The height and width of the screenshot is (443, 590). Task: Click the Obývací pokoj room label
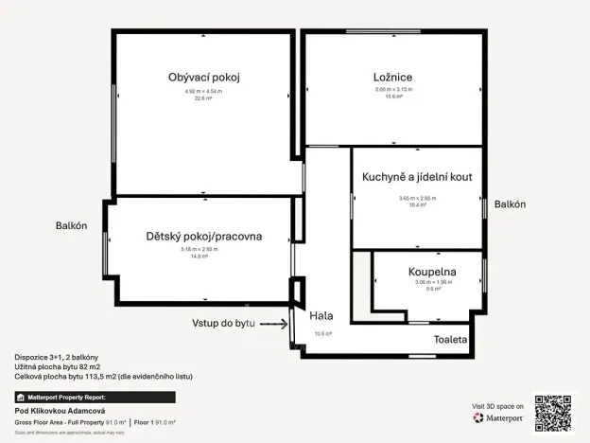(x=203, y=77)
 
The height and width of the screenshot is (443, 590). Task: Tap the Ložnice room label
(x=392, y=77)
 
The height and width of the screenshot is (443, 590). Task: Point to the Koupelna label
(x=432, y=272)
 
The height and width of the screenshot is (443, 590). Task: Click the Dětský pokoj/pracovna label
(x=204, y=236)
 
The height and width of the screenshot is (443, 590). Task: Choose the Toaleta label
(x=450, y=339)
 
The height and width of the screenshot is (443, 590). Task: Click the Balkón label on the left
(x=72, y=225)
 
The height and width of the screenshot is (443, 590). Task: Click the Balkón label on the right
(x=510, y=204)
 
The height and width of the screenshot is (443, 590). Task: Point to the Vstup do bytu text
(x=223, y=324)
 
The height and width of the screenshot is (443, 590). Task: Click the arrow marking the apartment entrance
(x=273, y=324)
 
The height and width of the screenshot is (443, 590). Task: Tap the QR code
(x=553, y=412)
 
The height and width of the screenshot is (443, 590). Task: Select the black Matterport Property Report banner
(x=95, y=397)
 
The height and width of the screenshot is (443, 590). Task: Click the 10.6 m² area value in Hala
(x=323, y=333)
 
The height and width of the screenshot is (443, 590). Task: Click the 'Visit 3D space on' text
(x=497, y=405)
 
